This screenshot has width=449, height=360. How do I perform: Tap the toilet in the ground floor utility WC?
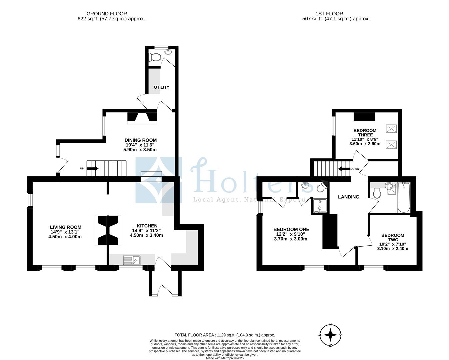tap(155, 57)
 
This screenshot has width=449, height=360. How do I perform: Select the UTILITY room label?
tap(161, 87)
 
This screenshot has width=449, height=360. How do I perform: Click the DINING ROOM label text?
tap(140, 140)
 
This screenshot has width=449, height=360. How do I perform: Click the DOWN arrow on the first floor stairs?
tap(343, 169)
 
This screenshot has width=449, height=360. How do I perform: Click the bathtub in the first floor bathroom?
tap(403, 197)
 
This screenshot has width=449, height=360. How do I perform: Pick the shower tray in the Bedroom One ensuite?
tap(320, 206)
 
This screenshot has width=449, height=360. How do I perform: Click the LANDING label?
tap(349, 197)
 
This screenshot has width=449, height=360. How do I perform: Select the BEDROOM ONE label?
tap(291, 229)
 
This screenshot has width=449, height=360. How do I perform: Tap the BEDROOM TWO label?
tap(392, 238)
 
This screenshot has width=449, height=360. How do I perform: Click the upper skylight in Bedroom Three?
tap(391, 129)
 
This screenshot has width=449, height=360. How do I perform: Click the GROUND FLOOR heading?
tap(107, 14)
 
